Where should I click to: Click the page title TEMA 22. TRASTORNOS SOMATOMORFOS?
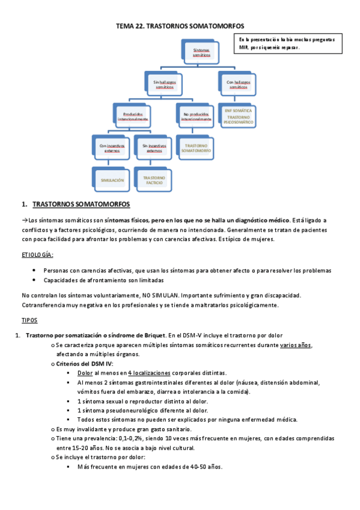pos(180,27)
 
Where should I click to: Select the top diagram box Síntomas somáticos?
pos(201,52)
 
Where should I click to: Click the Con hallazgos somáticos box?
pos(238,84)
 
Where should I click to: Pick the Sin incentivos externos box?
pos(154,148)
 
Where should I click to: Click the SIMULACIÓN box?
pos(112,180)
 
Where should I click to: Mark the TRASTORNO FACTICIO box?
pos(154,180)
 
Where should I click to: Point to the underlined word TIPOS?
pos(29,321)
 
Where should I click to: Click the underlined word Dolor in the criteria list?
pos(85,373)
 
